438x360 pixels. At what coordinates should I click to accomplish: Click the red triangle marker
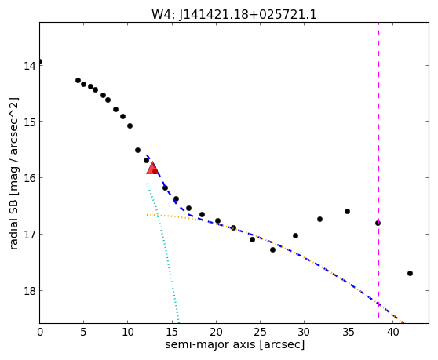pyautogui.click(x=152, y=168)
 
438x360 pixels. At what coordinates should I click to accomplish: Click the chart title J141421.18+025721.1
pyautogui.click(x=248, y=15)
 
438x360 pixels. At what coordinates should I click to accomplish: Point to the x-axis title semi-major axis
pyautogui.click(x=210, y=344)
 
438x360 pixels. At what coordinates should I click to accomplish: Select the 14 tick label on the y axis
pyautogui.click(x=30, y=66)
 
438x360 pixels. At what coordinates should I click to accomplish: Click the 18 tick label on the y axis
pyautogui.click(x=30, y=291)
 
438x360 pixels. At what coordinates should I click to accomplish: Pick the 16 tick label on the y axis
pyautogui.click(x=30, y=178)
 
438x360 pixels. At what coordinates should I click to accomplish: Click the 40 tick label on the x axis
pyautogui.click(x=392, y=332)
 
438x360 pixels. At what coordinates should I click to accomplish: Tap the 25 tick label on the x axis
pyautogui.click(x=260, y=332)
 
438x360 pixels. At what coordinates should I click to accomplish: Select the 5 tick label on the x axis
pyautogui.click(x=83, y=332)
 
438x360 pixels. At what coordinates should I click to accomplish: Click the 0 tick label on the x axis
pyautogui.click(x=40, y=332)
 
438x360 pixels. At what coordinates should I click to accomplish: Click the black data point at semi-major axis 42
pyautogui.click(x=410, y=273)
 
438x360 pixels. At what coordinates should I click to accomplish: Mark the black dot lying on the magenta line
pyautogui.click(x=378, y=223)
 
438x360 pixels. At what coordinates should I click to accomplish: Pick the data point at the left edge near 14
pyautogui.click(x=40, y=61)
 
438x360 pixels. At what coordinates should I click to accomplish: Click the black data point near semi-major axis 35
pyautogui.click(x=347, y=211)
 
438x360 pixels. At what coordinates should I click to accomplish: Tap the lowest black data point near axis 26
pyautogui.click(x=272, y=249)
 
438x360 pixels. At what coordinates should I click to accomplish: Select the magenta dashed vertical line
pyautogui.click(x=379, y=170)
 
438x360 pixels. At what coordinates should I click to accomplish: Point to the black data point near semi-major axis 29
pyautogui.click(x=296, y=235)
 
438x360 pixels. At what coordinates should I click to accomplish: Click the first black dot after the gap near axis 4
pyautogui.click(x=78, y=80)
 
